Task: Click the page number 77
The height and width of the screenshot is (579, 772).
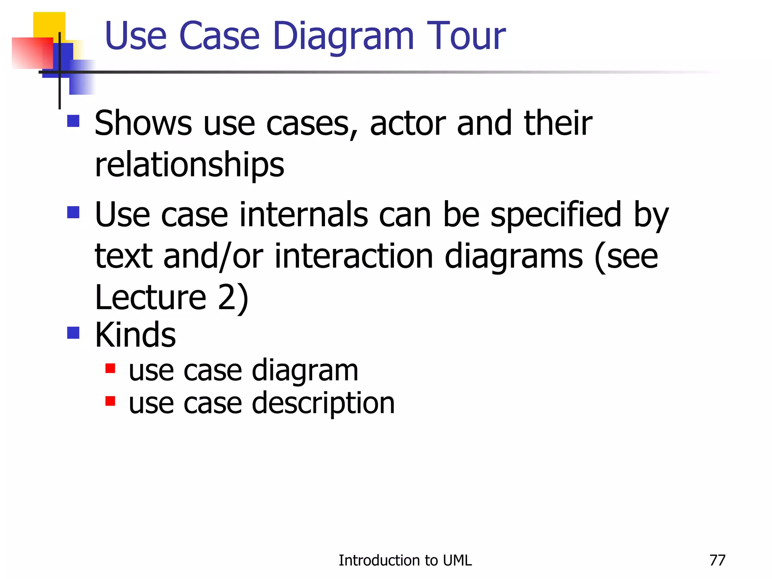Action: (x=717, y=561)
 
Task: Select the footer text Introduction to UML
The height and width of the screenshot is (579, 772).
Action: (x=405, y=561)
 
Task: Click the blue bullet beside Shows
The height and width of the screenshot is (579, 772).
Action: (x=73, y=121)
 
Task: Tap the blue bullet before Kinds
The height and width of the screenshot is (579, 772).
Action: (x=73, y=333)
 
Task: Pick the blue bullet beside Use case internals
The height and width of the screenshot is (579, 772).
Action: (x=73, y=212)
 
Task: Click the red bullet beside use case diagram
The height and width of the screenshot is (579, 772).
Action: (x=110, y=368)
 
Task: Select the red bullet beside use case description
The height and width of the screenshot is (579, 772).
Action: (x=110, y=401)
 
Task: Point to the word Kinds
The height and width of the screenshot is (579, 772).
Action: (x=135, y=335)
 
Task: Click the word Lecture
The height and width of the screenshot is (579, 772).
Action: (x=150, y=297)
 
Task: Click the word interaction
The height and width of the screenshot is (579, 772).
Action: (x=354, y=256)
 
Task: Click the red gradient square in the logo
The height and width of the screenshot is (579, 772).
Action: (x=32, y=53)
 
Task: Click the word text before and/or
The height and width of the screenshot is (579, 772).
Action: (x=123, y=256)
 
